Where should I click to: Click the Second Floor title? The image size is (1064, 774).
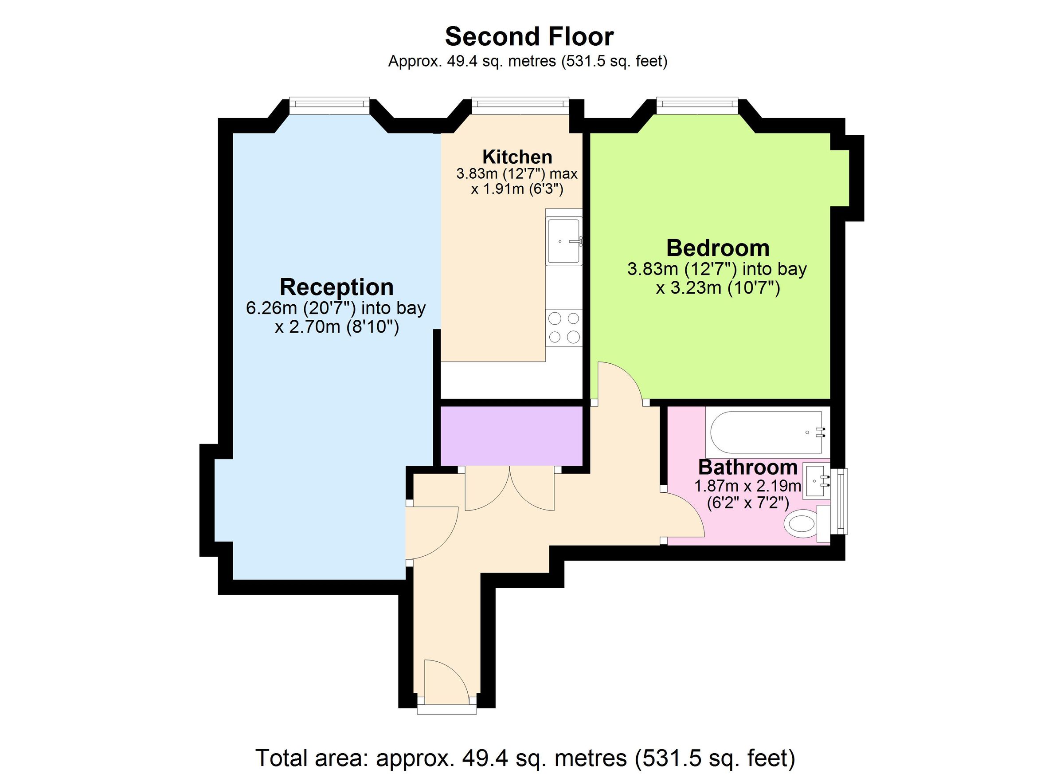click(x=529, y=37)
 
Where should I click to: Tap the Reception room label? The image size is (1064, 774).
click(x=336, y=287)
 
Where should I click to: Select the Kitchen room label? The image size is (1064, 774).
click(x=517, y=157)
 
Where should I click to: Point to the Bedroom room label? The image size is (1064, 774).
click(x=717, y=248)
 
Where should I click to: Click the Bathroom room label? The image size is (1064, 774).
click(x=747, y=468)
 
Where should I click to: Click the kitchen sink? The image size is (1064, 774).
click(x=563, y=241)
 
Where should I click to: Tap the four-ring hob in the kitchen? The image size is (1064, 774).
click(x=564, y=327)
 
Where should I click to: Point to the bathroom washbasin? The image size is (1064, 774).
click(x=816, y=481)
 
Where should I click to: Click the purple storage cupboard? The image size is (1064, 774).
click(x=511, y=436)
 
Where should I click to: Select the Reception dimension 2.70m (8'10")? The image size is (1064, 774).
click(x=336, y=326)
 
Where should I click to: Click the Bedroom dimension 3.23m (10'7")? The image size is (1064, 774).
click(x=717, y=287)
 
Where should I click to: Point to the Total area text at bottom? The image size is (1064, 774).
click(x=525, y=758)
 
